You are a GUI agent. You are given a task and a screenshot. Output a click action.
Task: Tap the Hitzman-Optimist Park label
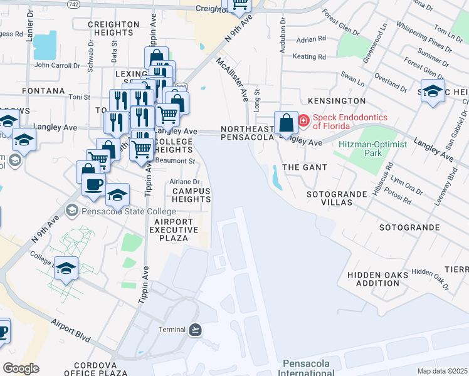click(372, 149)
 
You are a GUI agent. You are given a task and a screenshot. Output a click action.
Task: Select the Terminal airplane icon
click(195, 329)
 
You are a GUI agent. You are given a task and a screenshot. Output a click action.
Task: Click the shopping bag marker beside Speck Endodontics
click(286, 122)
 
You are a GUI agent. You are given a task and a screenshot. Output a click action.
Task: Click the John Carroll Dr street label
click(58, 65)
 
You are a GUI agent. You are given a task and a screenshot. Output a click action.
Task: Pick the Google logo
click(21, 368)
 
